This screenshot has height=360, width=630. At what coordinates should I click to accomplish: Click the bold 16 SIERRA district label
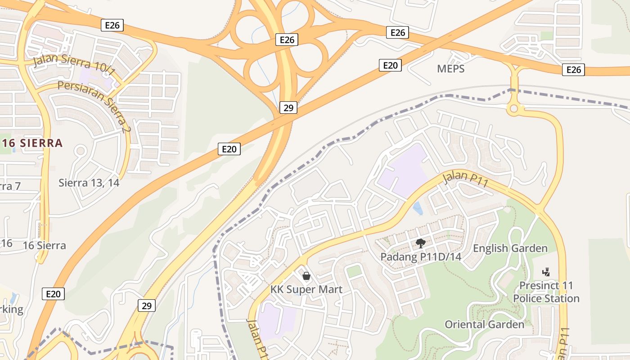(32, 144)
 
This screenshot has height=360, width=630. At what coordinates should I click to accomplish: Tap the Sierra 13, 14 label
(89, 183)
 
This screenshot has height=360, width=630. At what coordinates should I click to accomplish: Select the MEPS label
(450, 69)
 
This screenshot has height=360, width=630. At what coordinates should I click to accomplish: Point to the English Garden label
(510, 248)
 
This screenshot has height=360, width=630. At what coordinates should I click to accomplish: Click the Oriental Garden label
(484, 324)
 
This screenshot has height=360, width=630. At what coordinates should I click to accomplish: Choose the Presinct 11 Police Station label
(546, 292)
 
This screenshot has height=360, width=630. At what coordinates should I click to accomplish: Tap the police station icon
(546, 272)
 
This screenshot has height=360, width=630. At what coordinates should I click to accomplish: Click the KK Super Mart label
(306, 289)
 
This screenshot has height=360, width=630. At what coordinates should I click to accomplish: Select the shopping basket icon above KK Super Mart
(306, 275)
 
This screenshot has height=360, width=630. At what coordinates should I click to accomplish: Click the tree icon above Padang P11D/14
(420, 244)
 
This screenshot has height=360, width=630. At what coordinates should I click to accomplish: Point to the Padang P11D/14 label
(421, 257)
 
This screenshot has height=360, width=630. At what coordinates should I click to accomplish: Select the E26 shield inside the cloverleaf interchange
(287, 40)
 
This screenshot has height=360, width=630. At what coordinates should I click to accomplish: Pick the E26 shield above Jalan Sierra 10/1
(112, 25)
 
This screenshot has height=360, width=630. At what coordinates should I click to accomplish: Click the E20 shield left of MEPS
(390, 65)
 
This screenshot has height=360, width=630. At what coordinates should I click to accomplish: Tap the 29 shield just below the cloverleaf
(288, 108)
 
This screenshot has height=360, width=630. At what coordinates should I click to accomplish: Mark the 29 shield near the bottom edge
(146, 306)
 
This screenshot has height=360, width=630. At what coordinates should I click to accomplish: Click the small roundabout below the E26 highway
(513, 108)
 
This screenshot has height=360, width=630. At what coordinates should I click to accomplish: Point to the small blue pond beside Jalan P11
(418, 208)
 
